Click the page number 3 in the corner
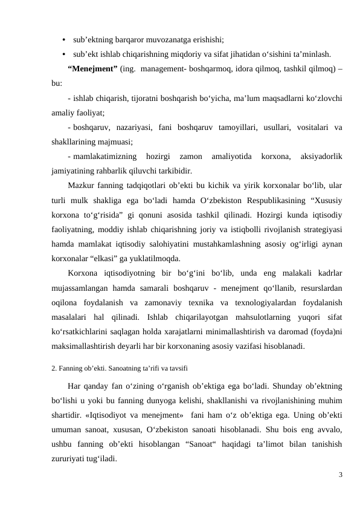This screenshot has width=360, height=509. pyautogui.click(x=340, y=475)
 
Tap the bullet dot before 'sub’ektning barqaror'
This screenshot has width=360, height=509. pyautogui.click(x=63, y=40)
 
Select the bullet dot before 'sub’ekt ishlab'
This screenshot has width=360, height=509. pyautogui.click(x=63, y=53)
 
